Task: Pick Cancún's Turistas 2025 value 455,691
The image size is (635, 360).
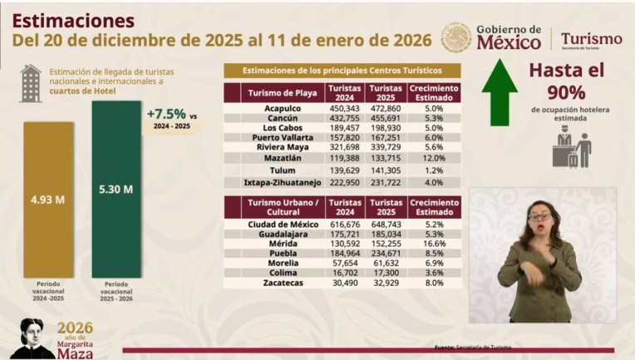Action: [386, 119]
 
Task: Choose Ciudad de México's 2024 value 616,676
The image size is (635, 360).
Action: [344, 224]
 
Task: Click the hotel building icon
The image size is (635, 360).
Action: [31, 82]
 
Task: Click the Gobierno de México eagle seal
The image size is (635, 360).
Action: [456, 37]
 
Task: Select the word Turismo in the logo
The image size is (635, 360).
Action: [591, 38]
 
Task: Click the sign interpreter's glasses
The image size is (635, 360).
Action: [539, 217]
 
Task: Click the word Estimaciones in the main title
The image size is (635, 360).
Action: [74, 18]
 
